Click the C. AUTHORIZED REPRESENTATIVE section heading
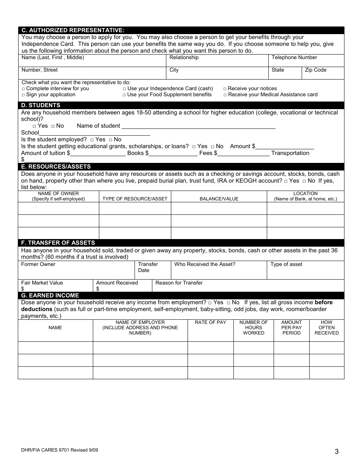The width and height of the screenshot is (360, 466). tap(73, 30)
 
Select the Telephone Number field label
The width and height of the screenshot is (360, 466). tap(294, 58)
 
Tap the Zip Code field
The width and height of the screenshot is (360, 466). tap(322, 73)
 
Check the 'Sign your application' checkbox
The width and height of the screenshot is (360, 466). tap(23, 95)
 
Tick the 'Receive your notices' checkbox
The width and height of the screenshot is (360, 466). tap(225, 89)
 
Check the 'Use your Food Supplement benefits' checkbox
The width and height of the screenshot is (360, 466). tap(124, 95)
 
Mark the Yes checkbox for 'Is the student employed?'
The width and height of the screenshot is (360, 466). tap(92, 140)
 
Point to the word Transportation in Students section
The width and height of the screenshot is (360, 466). tap(290, 153)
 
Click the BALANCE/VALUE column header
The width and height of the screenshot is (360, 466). tap(219, 199)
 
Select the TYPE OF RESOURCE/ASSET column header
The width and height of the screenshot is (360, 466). tap(135, 199)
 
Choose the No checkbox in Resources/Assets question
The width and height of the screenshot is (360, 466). tap(304, 181)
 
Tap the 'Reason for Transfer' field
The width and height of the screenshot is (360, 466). tap(248, 286)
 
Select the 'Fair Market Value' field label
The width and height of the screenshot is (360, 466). tap(42, 283)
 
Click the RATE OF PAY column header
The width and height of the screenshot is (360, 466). tap(210, 322)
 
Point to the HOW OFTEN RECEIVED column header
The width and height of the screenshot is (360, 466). tap(327, 328)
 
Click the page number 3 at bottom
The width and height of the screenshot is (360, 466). tap(337, 451)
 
